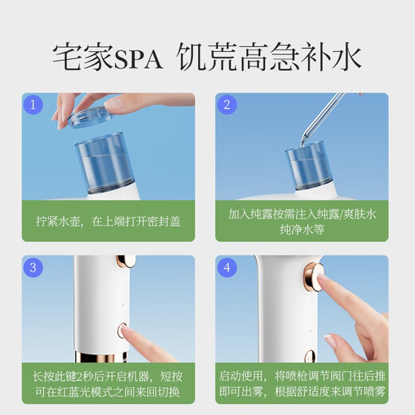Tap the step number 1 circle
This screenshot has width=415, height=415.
click(x=33, y=105)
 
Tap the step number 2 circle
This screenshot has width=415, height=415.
click(x=227, y=105)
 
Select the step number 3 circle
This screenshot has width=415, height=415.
click(x=33, y=267)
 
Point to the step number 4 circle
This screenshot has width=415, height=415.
click(x=227, y=267)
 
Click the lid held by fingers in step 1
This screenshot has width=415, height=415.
click(x=91, y=117)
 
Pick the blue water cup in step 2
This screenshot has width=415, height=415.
click(x=309, y=167)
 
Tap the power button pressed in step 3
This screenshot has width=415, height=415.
click(x=122, y=330)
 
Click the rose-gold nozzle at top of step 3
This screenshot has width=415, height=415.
click(x=125, y=262)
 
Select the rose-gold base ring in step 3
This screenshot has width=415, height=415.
click(x=101, y=357)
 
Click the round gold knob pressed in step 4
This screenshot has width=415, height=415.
click(x=314, y=276)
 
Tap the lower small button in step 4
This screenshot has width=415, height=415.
click(x=310, y=356)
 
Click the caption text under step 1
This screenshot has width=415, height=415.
click(x=109, y=221)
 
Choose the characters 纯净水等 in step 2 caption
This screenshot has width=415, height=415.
click(x=302, y=229)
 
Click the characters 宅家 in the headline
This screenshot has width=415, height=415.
click(x=83, y=57)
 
